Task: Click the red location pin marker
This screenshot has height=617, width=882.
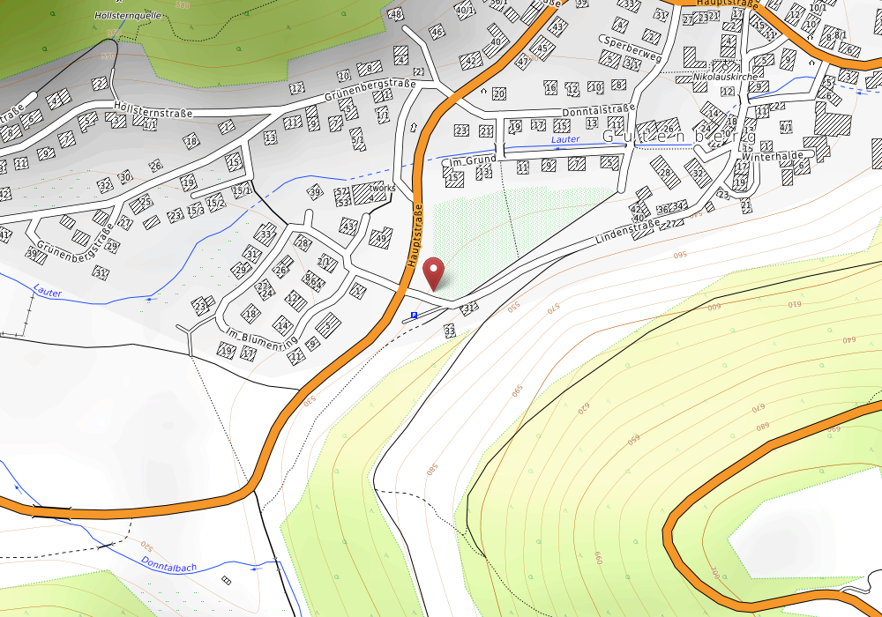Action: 434,273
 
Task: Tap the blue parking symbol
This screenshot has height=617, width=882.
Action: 414,314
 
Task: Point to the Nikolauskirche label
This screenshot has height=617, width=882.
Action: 726,77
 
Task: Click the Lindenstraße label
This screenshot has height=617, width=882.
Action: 627,232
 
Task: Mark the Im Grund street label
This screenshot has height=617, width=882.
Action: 471,161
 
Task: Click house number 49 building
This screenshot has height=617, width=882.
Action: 381,238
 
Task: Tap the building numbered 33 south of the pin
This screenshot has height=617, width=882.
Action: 450,331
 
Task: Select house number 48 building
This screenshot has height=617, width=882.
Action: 396,14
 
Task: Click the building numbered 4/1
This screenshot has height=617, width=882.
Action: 786,128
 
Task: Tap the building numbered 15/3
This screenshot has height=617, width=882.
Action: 194,211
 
